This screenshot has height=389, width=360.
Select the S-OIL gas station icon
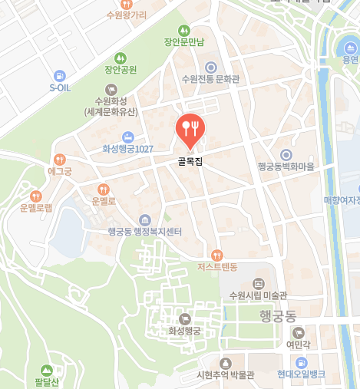tap(60, 75)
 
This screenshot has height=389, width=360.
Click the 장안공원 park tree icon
tap(120, 58)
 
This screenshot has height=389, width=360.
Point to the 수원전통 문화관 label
tap(210, 80)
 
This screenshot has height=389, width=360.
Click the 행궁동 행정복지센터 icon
tap(144, 220)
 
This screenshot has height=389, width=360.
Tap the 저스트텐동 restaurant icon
tap(217, 255)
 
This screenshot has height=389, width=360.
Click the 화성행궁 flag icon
tap(184, 318)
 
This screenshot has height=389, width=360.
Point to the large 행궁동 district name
tap(277, 315)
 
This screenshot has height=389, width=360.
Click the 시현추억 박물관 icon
tap(225, 362)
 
